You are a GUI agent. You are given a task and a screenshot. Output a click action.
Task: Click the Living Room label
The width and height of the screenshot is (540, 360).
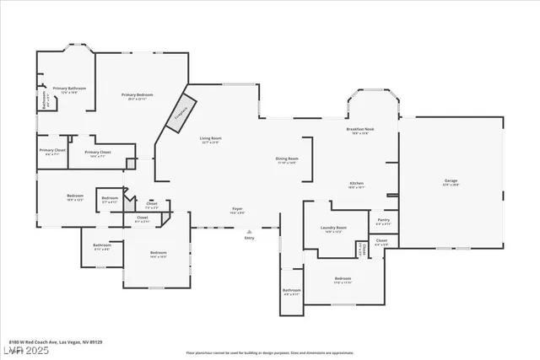click(210, 140)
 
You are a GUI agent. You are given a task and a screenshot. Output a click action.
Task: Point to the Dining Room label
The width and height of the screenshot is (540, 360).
click(287, 160)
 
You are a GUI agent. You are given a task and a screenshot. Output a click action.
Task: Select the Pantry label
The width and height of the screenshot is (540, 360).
click(383, 221)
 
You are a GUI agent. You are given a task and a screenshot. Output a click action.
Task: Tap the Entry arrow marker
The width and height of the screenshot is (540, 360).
click(249, 231)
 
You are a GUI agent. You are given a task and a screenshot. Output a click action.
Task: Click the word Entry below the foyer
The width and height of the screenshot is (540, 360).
click(249, 239)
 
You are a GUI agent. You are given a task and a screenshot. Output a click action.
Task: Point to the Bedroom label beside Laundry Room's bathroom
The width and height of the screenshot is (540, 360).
click(342, 280)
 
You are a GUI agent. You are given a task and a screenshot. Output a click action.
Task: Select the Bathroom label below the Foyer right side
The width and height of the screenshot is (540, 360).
click(291, 292)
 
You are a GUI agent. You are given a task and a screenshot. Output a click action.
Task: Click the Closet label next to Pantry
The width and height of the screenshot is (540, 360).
click(381, 242)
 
